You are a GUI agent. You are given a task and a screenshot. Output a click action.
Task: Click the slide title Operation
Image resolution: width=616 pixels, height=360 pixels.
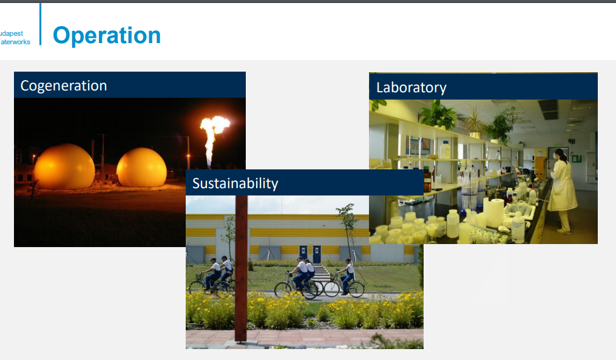pyautogui.click(x=107, y=36)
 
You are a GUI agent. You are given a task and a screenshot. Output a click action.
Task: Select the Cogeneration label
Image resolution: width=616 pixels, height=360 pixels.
pyautogui.click(x=64, y=86)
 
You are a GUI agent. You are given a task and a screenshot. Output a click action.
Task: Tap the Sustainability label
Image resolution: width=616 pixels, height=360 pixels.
pyautogui.click(x=235, y=183)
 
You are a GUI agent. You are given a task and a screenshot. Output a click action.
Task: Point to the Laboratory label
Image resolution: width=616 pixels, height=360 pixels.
pyautogui.click(x=411, y=87)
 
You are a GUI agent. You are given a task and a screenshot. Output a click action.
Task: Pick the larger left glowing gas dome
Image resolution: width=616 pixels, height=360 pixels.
pyautogui.click(x=64, y=166)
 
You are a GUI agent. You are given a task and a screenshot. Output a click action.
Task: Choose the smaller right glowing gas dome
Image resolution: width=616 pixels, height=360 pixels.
pyautogui.click(x=141, y=167)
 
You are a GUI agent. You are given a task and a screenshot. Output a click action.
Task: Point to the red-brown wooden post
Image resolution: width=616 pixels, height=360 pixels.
pyautogui.click(x=241, y=268)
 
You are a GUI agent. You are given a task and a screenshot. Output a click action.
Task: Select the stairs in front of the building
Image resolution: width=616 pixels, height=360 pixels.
pyautogui.click(x=322, y=273)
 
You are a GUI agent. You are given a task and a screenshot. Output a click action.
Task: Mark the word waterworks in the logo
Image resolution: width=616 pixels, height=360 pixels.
pyautogui.click(x=15, y=42)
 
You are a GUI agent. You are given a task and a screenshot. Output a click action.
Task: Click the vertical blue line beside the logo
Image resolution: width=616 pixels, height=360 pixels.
pyautogui.click(x=40, y=24)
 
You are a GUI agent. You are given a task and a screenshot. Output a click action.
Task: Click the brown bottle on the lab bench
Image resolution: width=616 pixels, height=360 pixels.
pyautogui.click(x=427, y=180)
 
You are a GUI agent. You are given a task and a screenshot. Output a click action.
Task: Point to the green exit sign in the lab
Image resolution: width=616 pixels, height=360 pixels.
pyautogui.click(x=577, y=159)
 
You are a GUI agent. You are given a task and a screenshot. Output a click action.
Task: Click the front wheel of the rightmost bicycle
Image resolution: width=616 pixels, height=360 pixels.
pyautogui.click(x=356, y=289)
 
